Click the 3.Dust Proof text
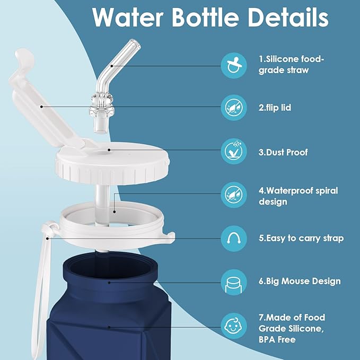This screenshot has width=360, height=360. tap(283, 152)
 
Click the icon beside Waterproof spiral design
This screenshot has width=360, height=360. tap(234, 194)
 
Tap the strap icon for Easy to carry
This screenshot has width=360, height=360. tap(234, 238)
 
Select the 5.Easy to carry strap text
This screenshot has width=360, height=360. tap(301, 238)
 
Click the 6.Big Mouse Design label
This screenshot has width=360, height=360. tap(300, 281)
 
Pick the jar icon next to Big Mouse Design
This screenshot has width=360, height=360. tap(234, 282)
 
